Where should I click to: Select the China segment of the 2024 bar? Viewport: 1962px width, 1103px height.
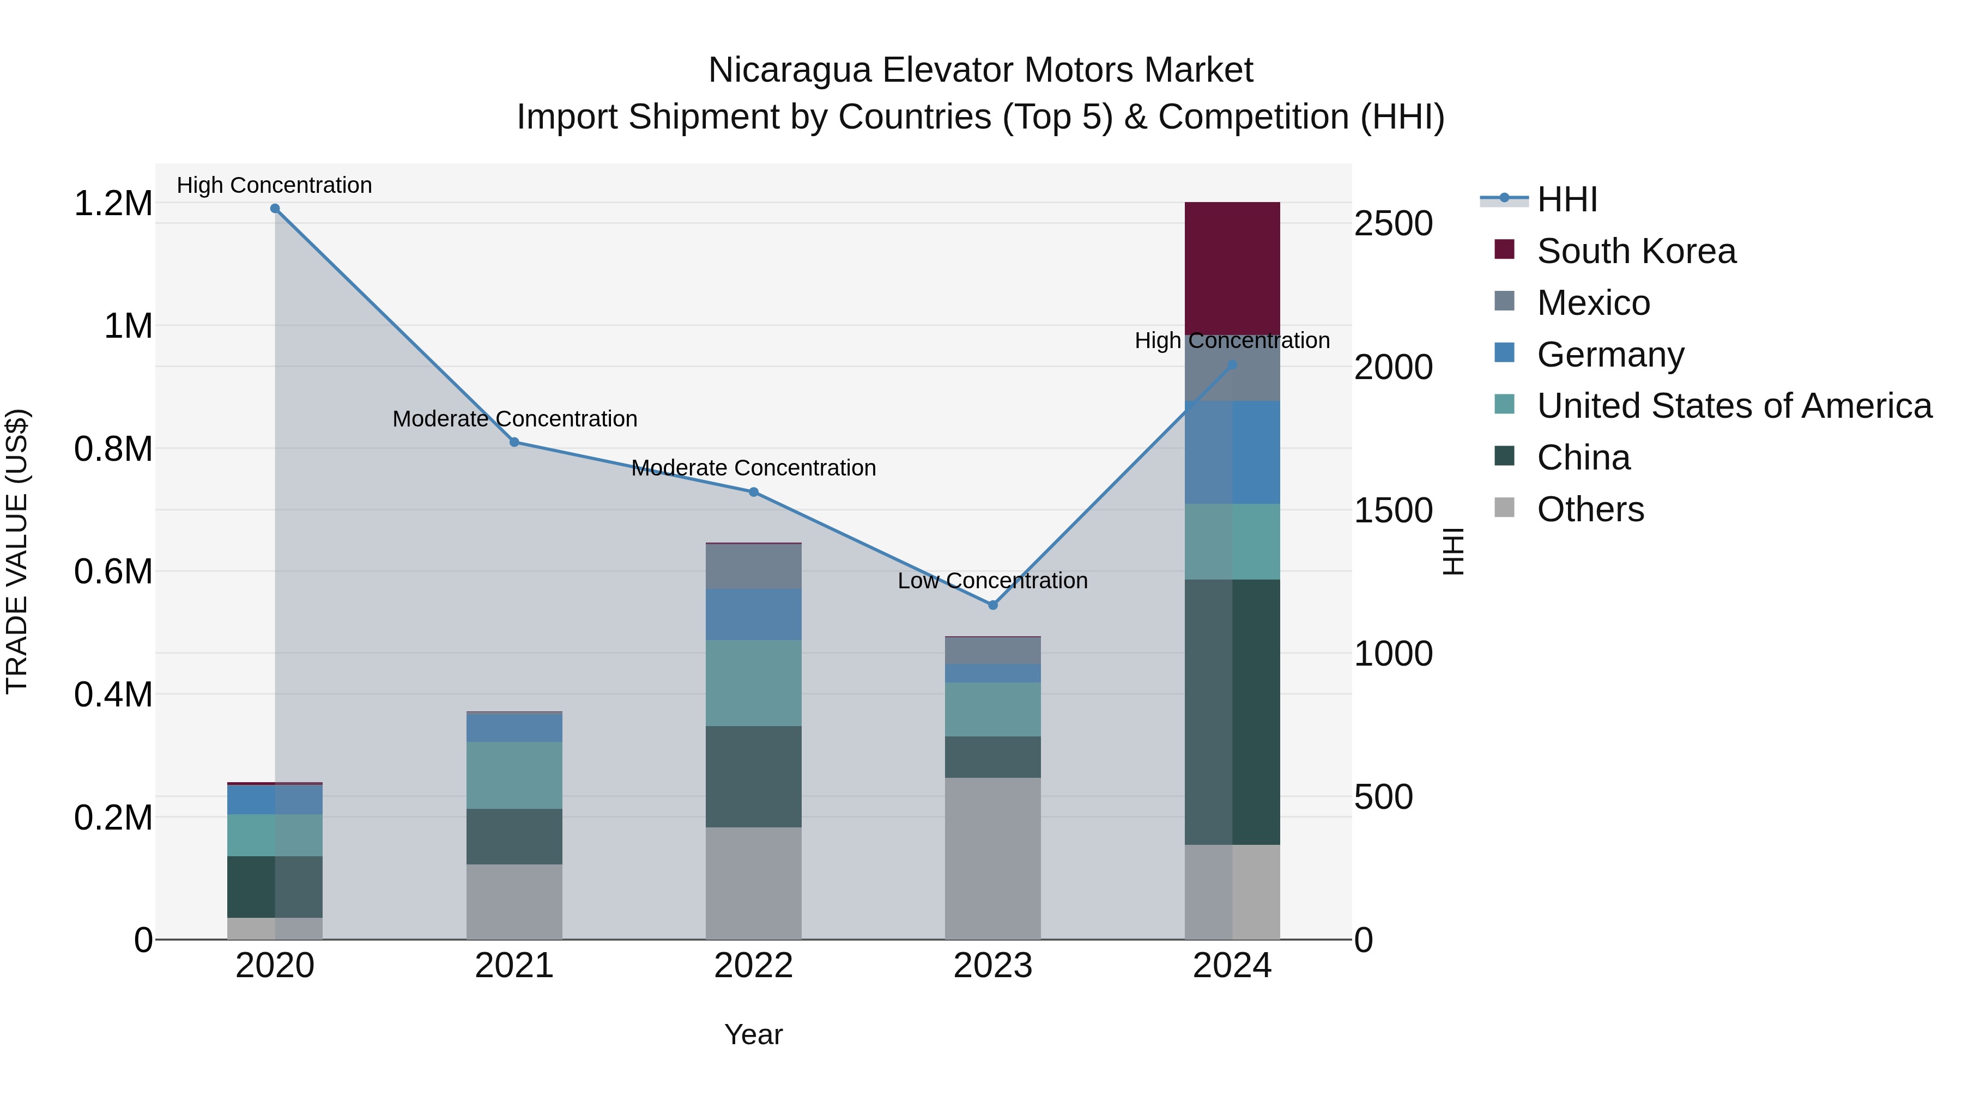[x=1232, y=712]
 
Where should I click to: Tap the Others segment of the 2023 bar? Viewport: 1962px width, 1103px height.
[x=992, y=858]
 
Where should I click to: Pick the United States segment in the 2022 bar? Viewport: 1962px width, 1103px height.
[x=753, y=683]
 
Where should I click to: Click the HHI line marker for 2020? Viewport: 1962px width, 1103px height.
[x=275, y=209]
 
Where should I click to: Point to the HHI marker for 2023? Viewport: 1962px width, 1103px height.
[x=992, y=605]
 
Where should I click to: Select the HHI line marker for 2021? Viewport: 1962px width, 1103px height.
[x=514, y=442]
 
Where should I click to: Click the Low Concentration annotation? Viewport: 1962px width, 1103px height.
[x=992, y=581]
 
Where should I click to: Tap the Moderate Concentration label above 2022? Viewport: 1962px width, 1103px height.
[x=753, y=468]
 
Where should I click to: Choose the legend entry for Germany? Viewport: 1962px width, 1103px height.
[x=1610, y=355]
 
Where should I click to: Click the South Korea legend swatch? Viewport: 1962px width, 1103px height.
[x=1504, y=249]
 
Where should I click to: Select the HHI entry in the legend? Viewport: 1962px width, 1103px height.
[x=1567, y=199]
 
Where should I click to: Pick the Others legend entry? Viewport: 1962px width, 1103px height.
[x=1590, y=509]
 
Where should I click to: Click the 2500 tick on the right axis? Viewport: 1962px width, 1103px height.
[x=1393, y=224]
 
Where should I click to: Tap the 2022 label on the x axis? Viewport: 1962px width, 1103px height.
[x=753, y=966]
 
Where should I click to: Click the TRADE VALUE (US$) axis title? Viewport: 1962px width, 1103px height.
[x=17, y=551]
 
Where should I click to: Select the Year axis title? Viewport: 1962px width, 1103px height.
[x=753, y=1034]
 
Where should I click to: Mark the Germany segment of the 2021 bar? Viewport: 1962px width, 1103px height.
[x=514, y=728]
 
